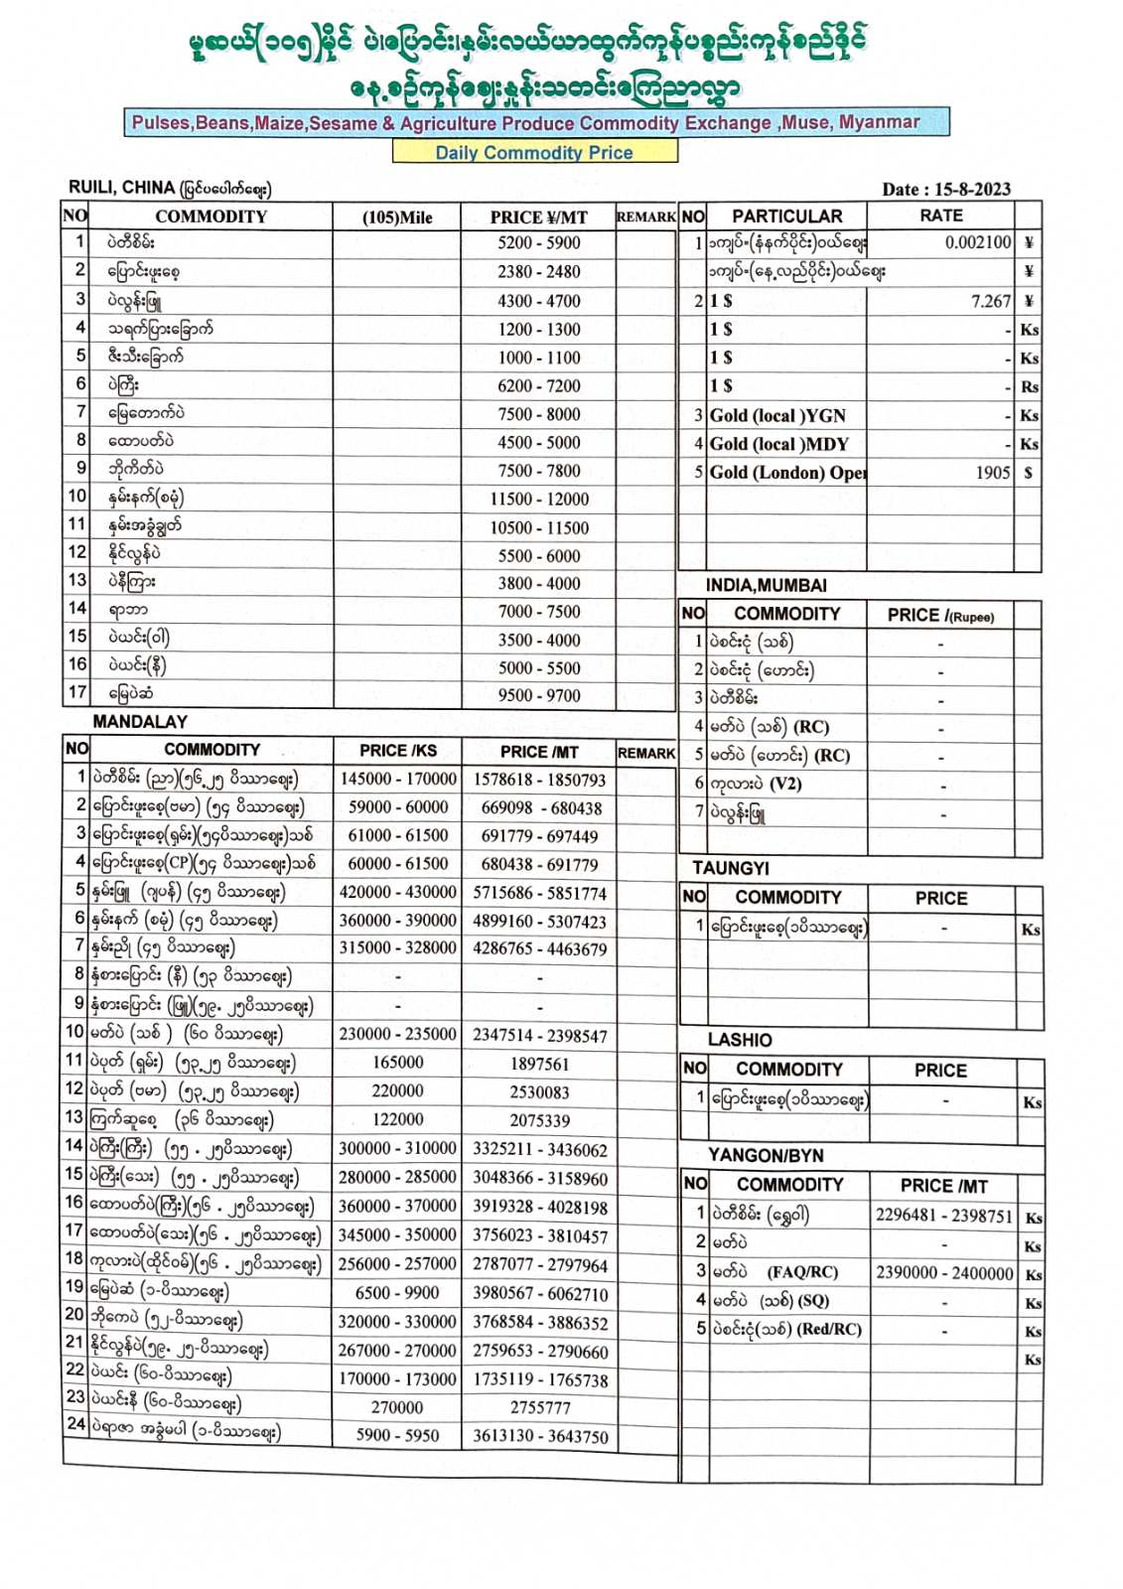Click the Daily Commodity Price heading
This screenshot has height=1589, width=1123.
pyautogui.click(x=534, y=153)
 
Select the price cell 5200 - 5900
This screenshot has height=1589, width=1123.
pyautogui.click(x=539, y=243)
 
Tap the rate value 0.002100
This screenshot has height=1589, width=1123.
pyautogui.click(x=978, y=242)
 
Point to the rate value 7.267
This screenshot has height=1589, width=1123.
pyautogui.click(x=991, y=301)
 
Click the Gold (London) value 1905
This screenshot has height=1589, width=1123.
pyautogui.click(x=993, y=473)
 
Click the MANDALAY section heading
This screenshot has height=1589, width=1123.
pyautogui.click(x=140, y=722)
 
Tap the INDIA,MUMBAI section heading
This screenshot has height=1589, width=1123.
pyautogui.click(x=766, y=586)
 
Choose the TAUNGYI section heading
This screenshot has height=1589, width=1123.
pyautogui.click(x=731, y=868)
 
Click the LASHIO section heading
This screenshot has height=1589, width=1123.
pyautogui.click(x=740, y=1040)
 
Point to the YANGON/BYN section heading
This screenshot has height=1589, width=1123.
pyautogui.click(x=766, y=1156)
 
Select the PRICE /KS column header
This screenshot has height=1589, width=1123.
pyautogui.click(x=397, y=751)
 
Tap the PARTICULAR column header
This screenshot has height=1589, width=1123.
pyautogui.click(x=786, y=217)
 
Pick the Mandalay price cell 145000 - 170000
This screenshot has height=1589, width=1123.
pyautogui.click(x=397, y=780)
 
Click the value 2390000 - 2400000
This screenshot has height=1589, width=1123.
pyautogui.click(x=943, y=1273)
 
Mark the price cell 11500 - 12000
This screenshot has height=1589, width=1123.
pyautogui.click(x=539, y=500)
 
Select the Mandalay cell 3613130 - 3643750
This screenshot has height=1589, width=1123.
pyautogui.click(x=540, y=1436)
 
